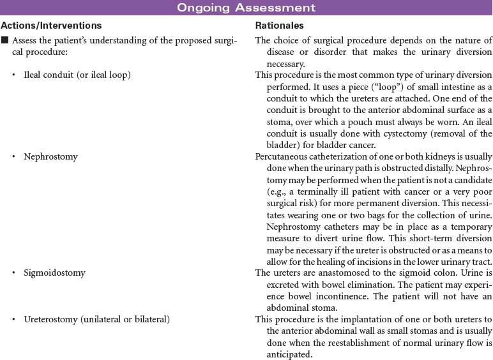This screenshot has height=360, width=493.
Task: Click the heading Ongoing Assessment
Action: coord(246,8)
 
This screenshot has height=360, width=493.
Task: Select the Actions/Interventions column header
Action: coord(52,26)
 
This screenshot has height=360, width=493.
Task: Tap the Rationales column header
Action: coord(279,26)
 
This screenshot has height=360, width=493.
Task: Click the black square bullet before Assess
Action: coord(4,41)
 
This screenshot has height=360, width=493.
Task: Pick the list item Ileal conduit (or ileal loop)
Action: coord(77,75)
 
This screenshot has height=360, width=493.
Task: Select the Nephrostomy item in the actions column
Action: coord(50,156)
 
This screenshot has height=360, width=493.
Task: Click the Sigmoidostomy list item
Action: coord(54,273)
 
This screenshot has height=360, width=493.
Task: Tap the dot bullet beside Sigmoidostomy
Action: coord(15,273)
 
